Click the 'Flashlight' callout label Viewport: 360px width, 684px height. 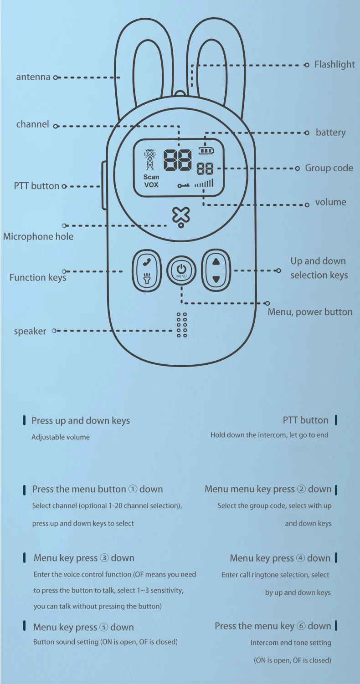[x=334, y=65]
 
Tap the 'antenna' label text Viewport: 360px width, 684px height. [x=33, y=77]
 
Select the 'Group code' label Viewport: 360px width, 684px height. [x=329, y=168]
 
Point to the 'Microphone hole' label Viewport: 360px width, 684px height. [x=38, y=236]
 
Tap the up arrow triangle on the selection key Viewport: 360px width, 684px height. [x=216, y=262]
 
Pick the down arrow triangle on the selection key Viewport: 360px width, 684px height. [x=216, y=279]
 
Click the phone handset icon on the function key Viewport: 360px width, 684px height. [x=147, y=262]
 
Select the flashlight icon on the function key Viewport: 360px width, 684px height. [x=147, y=278]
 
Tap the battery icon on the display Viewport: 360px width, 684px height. [x=206, y=150]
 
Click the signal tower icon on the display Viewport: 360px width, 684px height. [x=149, y=160]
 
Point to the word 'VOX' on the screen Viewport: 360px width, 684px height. [x=151, y=185]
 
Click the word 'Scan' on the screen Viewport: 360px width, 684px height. [x=151, y=177]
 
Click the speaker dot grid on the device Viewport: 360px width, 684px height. [x=182, y=325]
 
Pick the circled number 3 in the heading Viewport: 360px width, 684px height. [x=104, y=558]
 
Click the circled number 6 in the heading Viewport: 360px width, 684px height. [x=301, y=626]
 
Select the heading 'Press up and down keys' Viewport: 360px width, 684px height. [x=81, y=421]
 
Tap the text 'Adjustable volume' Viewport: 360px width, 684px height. [x=61, y=437]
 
